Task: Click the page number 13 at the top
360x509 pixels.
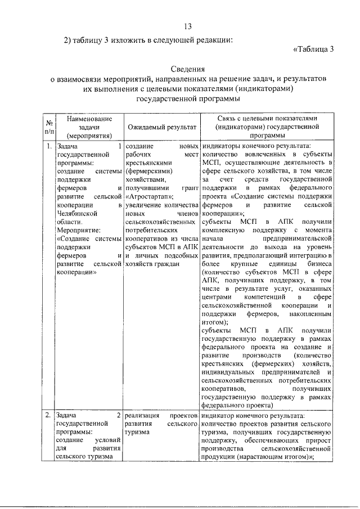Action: (x=187, y=27)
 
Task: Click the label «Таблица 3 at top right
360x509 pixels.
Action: (x=314, y=49)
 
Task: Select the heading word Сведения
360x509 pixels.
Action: (x=187, y=69)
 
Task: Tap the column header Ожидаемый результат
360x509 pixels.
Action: (x=161, y=128)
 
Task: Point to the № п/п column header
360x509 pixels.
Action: (x=49, y=128)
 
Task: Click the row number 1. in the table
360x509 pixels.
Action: (x=49, y=147)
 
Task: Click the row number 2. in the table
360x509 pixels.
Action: (x=49, y=416)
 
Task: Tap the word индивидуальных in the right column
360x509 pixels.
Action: (x=230, y=372)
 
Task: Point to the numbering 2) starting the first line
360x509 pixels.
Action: (x=69, y=39)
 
